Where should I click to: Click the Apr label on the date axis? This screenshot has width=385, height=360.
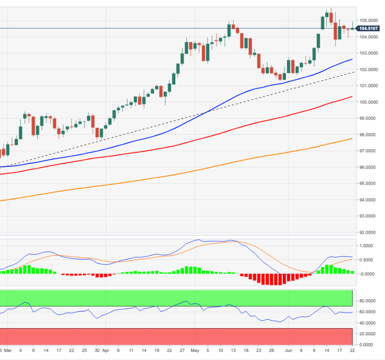pos(105,352)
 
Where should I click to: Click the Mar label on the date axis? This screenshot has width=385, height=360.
pos(10,352)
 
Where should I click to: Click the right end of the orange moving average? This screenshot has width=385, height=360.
pos(353,138)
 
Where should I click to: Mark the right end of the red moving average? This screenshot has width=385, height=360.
pos(353,96)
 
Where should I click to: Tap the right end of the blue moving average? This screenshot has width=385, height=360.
pos(353,59)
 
